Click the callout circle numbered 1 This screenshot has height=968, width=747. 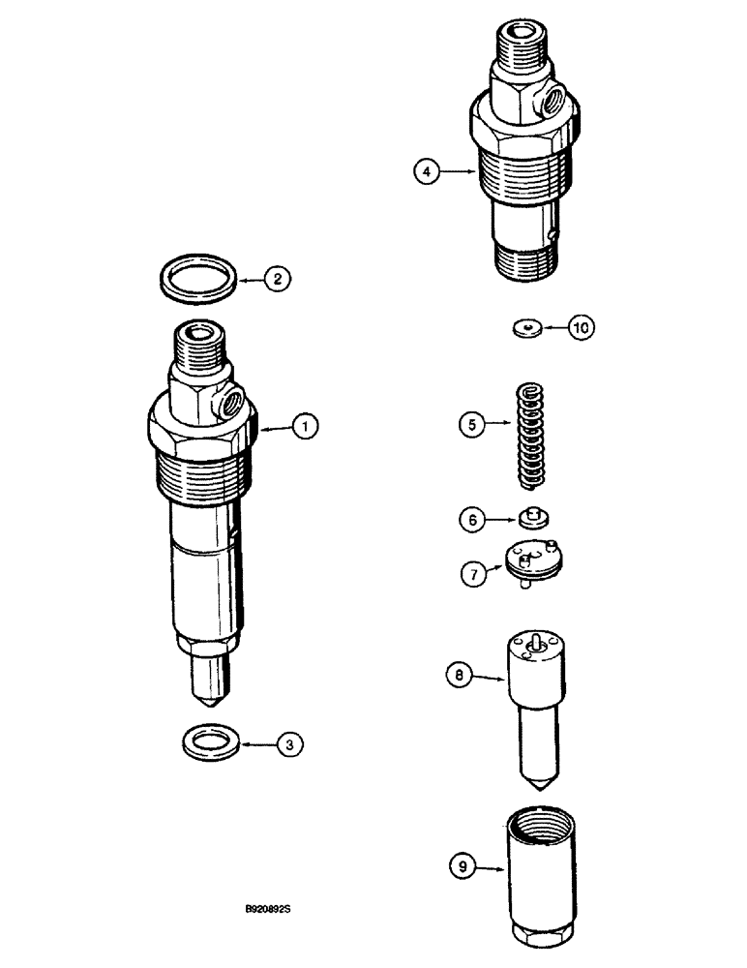[x=304, y=424]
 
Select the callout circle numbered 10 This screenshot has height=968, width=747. [x=581, y=328]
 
